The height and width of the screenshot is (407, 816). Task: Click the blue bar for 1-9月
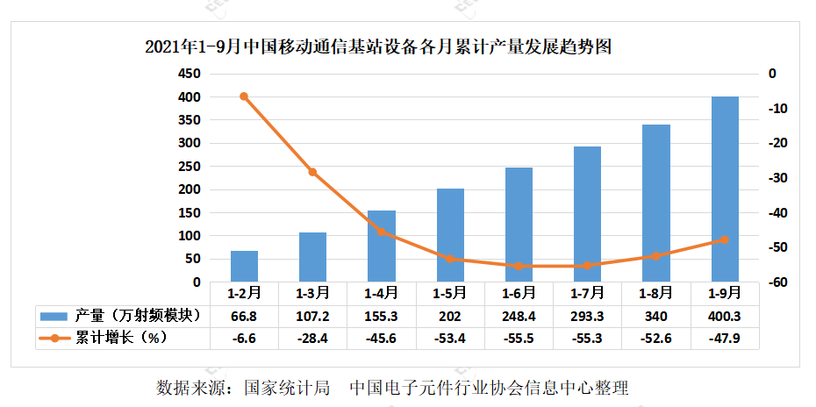724,189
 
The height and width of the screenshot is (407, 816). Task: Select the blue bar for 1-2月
244,267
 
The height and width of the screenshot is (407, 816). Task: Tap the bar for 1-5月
450,235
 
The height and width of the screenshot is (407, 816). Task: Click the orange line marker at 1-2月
244,96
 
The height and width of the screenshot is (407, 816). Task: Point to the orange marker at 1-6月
519,266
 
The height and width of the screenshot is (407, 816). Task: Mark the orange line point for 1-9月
724,239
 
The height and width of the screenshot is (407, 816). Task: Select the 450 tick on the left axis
190,74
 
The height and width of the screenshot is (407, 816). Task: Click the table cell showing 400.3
724,316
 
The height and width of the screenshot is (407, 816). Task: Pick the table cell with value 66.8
244,316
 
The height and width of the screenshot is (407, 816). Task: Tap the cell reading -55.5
519,338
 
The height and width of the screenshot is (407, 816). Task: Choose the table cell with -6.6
244,338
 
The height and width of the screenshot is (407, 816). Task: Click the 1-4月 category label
381,293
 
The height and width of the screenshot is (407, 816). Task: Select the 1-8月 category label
655,293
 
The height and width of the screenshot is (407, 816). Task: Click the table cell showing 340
655,316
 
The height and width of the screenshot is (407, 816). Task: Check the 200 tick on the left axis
190,189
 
